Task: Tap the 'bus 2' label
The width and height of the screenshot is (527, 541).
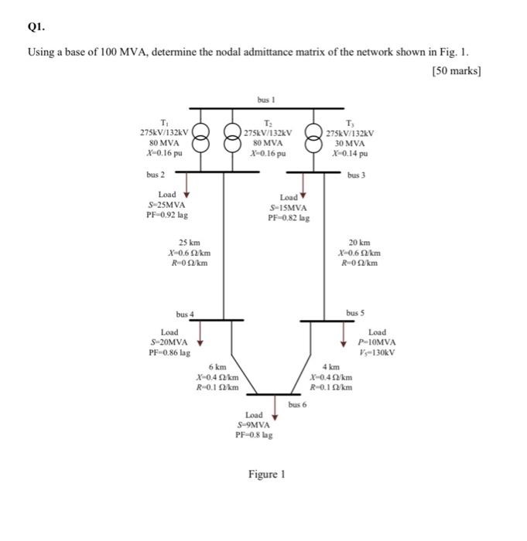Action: pyautogui.click(x=156, y=175)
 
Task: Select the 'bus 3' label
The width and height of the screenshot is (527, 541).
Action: pyautogui.click(x=356, y=175)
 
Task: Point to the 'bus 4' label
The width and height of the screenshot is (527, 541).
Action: pyautogui.click(x=186, y=314)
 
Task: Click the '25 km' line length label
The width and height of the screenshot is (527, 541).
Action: pyautogui.click(x=190, y=242)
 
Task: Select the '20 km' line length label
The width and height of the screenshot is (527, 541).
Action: pyautogui.click(x=359, y=242)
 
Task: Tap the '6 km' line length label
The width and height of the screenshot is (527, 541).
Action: pyautogui.click(x=218, y=366)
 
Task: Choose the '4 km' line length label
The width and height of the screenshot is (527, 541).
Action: pyautogui.click(x=330, y=366)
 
